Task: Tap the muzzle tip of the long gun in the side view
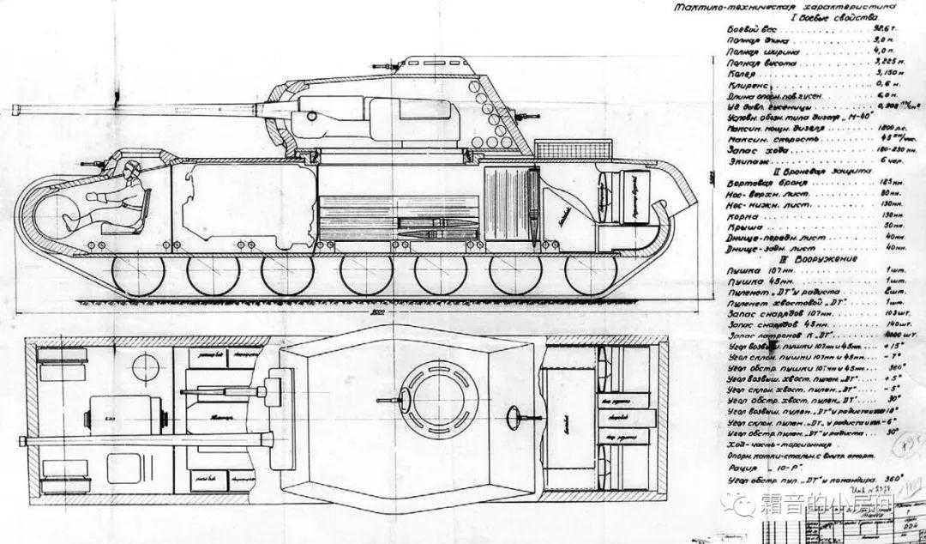15,108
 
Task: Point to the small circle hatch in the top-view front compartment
141,370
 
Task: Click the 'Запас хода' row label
751,149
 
